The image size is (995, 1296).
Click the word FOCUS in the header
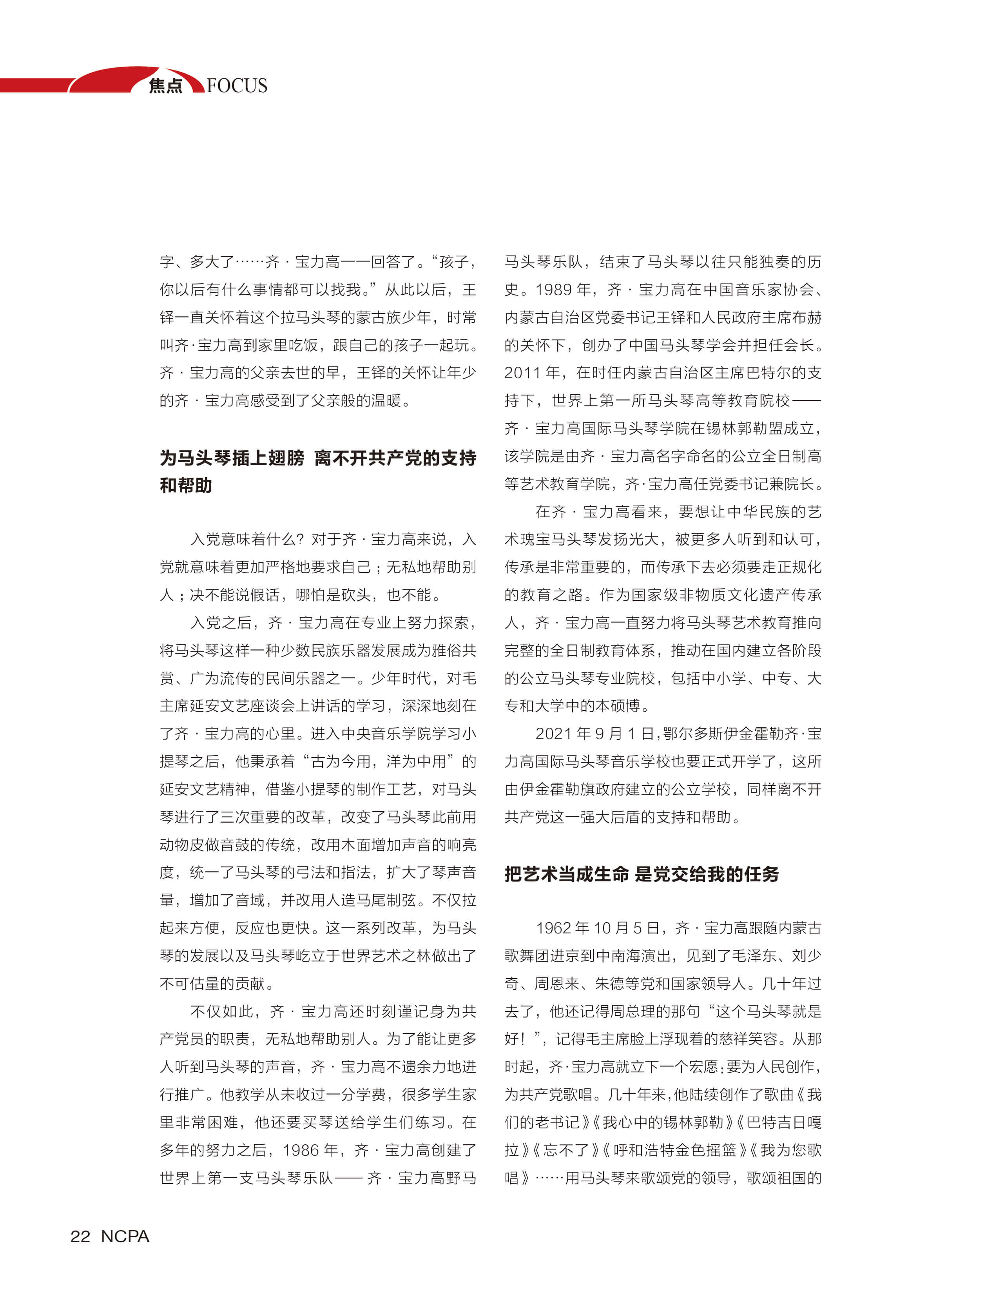point(237,86)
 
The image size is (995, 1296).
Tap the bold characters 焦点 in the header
point(165,86)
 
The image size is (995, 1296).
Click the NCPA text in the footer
point(125,1236)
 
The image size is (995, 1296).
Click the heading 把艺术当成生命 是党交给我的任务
point(642,874)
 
